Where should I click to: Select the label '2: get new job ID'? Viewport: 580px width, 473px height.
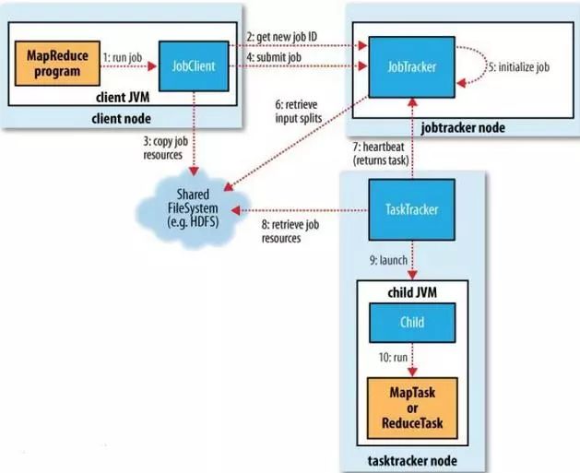point(281,37)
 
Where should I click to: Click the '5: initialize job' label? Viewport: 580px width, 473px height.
point(522,67)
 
